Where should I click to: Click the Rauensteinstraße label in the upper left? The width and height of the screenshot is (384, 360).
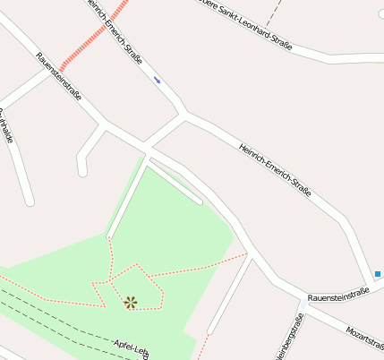tap(58, 75)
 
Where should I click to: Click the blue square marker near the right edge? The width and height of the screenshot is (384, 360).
tap(378, 274)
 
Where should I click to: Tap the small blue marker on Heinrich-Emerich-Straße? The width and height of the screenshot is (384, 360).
tap(158, 81)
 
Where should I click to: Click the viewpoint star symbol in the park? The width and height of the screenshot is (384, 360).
tap(131, 302)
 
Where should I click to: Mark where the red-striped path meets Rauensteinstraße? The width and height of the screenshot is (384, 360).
tap(63, 68)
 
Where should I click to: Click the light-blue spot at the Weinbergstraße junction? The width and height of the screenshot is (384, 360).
tap(302, 305)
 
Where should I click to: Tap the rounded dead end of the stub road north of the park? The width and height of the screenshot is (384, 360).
tap(82, 170)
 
